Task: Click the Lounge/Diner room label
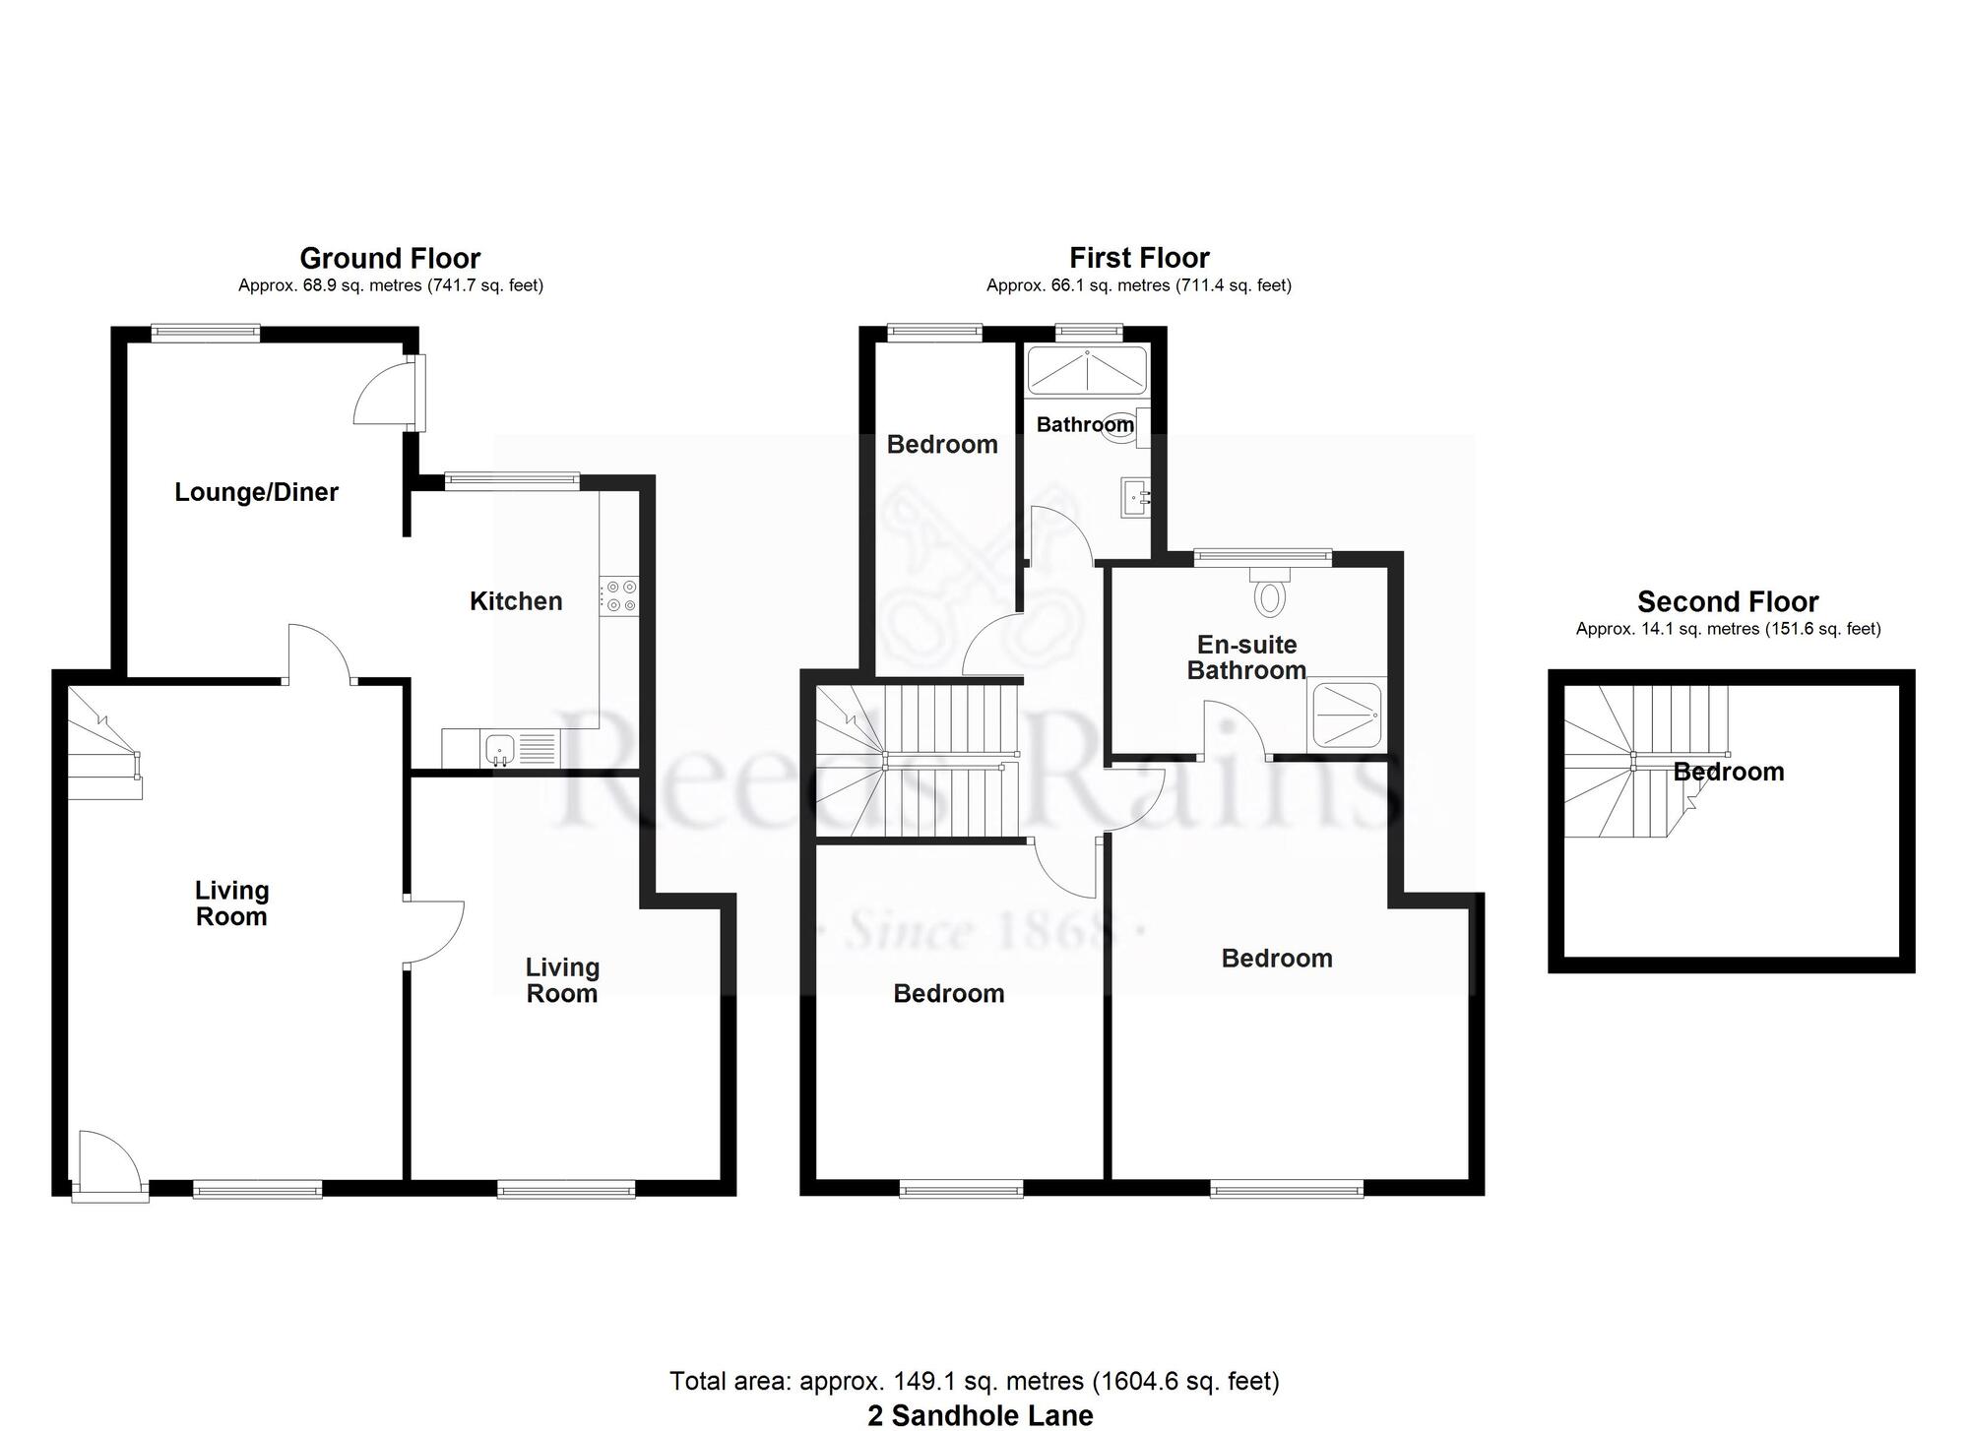[256, 492]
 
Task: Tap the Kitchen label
[516, 601]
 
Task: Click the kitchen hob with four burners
[618, 596]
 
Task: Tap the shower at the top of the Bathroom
[1087, 371]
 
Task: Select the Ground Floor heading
[390, 258]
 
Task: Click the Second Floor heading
[1728, 601]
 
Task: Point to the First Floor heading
[1139, 258]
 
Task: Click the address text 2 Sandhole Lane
[980, 1415]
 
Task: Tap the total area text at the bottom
[975, 1381]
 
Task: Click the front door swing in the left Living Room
[109, 1165]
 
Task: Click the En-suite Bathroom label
[1246, 657]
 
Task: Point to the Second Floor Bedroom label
[1729, 772]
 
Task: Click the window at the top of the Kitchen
[511, 480]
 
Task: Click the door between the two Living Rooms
[434, 931]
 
